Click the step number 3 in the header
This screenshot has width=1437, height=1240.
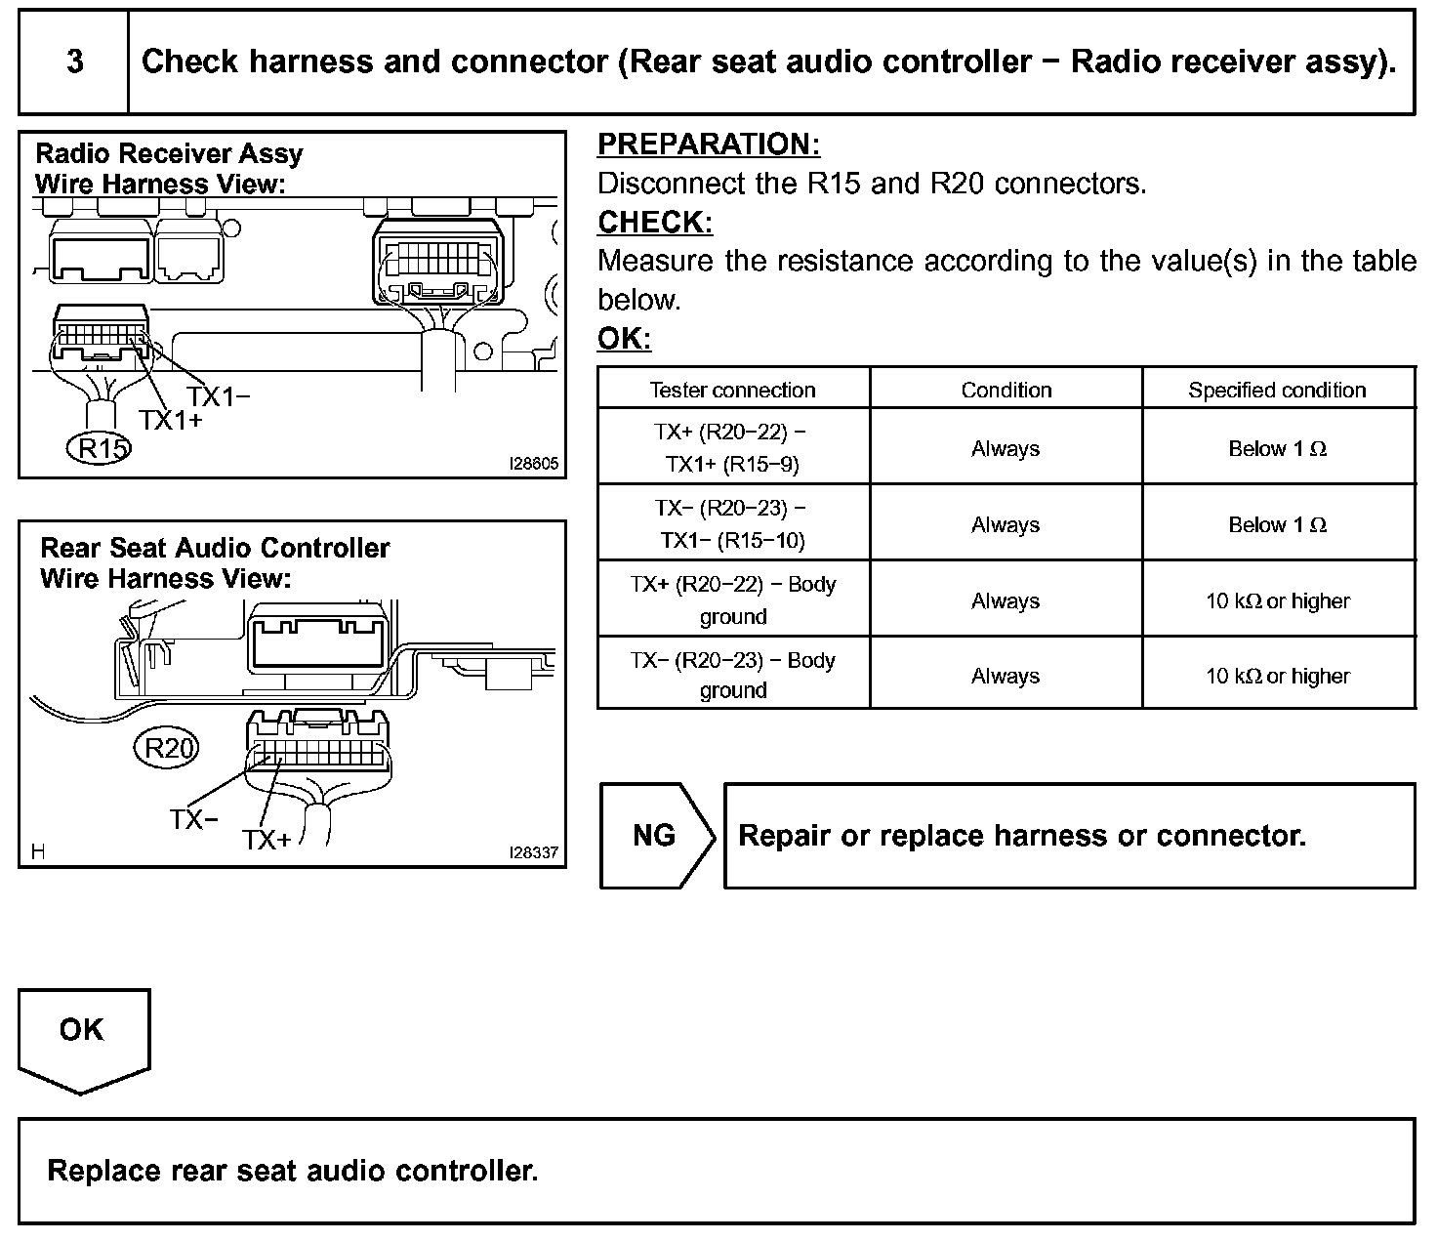tap(75, 62)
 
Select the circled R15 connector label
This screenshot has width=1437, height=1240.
tap(101, 448)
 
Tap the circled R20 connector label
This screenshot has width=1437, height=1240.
tap(167, 748)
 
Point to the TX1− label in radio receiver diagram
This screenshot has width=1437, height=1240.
tap(219, 396)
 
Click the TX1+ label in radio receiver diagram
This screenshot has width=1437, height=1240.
tap(171, 420)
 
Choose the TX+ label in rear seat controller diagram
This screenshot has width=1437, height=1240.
tap(267, 840)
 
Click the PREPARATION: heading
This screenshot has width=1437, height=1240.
tap(709, 145)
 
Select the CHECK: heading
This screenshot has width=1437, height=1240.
tap(655, 223)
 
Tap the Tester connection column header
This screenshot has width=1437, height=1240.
tap(732, 391)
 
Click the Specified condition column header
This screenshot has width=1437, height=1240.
tap(1277, 391)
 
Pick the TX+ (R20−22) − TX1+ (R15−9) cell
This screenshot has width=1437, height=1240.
tap(732, 447)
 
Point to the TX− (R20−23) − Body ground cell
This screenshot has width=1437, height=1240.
tap(732, 675)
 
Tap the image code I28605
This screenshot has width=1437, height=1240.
tap(534, 464)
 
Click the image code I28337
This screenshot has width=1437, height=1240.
tap(534, 852)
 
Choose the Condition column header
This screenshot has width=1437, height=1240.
tap(1006, 391)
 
